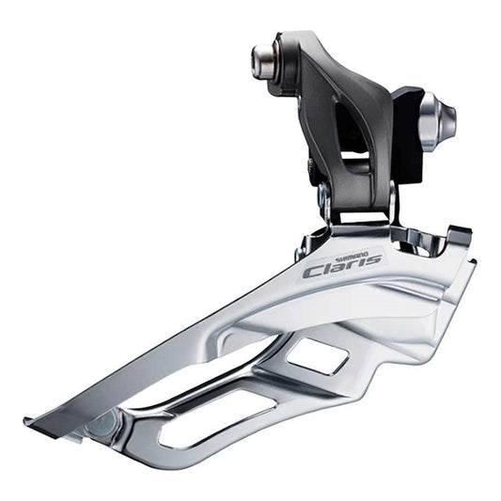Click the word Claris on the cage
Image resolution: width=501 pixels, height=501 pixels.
coord(343,264)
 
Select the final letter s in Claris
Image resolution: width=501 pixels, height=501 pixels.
coord(373,258)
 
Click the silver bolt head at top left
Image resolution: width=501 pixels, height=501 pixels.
coord(260,60)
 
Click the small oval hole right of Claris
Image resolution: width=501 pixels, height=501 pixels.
coord(412,247)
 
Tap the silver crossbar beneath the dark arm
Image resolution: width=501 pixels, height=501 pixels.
coord(359,215)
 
